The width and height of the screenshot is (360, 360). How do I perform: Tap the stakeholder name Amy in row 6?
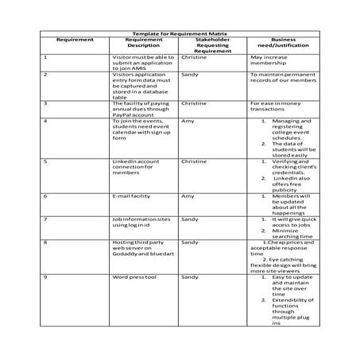[188, 195]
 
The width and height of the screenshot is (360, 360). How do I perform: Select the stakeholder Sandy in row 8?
[189, 242]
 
